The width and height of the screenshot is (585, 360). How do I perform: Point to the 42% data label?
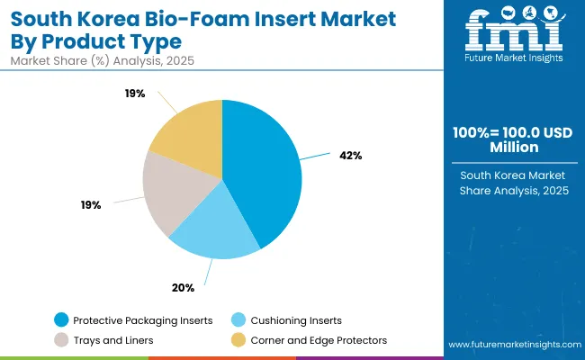351,155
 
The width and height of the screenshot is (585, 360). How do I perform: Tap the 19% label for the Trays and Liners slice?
91,205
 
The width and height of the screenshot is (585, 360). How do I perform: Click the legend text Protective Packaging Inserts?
143,319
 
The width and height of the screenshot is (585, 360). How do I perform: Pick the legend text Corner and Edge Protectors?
320,340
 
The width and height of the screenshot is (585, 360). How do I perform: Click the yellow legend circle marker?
238,340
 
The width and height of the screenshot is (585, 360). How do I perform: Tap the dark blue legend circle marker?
61,319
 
